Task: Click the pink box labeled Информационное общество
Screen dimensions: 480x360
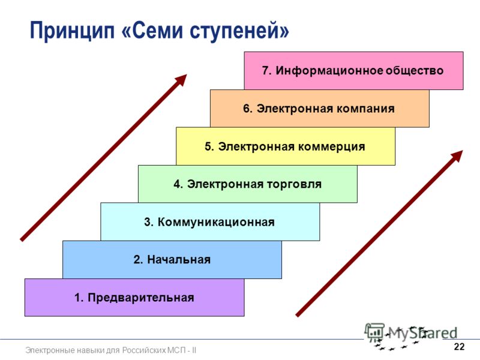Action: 353,71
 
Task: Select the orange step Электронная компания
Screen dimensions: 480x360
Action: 320,109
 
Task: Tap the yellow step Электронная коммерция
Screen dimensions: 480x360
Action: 286,146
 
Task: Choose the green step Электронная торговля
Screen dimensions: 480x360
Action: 248,184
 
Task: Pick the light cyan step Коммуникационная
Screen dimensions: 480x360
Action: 210,221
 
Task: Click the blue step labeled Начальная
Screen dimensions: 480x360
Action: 172,260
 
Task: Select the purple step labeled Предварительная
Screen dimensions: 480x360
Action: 134,297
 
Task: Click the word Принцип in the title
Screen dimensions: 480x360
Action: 72,31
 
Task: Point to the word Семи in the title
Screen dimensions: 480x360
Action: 158,31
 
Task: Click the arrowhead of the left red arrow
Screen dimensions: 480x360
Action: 181,80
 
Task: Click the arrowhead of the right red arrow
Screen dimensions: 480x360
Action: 457,156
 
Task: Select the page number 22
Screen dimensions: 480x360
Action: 459,347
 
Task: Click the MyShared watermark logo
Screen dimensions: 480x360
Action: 411,335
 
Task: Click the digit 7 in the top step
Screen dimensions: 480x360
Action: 266,71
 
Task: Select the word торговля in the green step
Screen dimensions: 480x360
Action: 295,185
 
